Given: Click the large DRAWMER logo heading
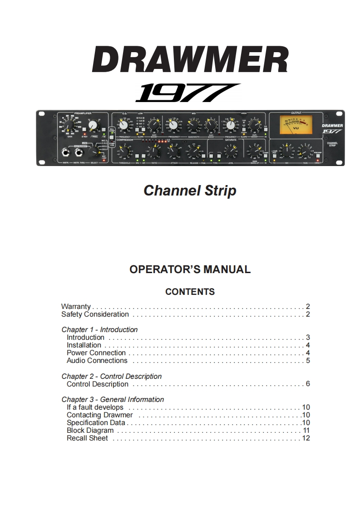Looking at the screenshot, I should click(x=190, y=59).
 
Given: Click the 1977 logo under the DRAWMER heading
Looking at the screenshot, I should click(x=187, y=93).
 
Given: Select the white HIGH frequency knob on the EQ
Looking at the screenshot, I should click(x=231, y=125).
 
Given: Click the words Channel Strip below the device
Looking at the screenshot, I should click(x=190, y=191).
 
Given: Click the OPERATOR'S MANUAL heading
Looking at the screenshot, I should click(x=190, y=269).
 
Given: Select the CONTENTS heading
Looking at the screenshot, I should click(x=190, y=292).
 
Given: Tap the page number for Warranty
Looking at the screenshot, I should click(x=308, y=307).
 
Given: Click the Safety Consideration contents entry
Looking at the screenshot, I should click(x=95, y=314).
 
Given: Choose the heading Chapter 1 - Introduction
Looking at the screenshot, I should click(x=99, y=330).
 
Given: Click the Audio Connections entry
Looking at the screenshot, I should click(x=97, y=361).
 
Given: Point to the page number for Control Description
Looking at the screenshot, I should click(x=308, y=384).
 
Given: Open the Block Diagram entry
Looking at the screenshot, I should click(x=90, y=431).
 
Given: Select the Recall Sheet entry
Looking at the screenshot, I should click(x=87, y=438).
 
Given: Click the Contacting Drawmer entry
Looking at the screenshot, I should click(x=100, y=415).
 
